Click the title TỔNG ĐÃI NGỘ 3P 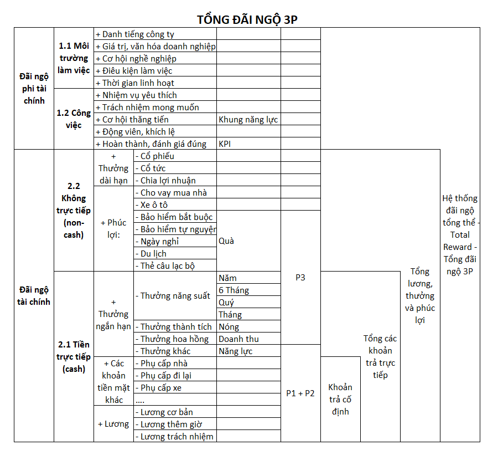click(248, 19)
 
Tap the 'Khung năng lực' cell click(248, 120)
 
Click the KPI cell click(225, 144)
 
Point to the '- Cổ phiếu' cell click(157, 156)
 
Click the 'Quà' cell click(227, 241)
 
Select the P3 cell click(300, 278)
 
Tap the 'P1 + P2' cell click(300, 393)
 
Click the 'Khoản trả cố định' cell click(340, 399)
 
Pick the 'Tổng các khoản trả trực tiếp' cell click(380, 356)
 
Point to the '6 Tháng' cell click(234, 290)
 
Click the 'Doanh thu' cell click(238, 339)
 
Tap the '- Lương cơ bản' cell click(167, 412)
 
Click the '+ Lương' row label click(113, 424)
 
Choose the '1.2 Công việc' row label click(74, 119)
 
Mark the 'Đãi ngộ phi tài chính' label click(34, 89)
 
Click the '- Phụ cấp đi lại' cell click(166, 376)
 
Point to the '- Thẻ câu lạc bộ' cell click(168, 266)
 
